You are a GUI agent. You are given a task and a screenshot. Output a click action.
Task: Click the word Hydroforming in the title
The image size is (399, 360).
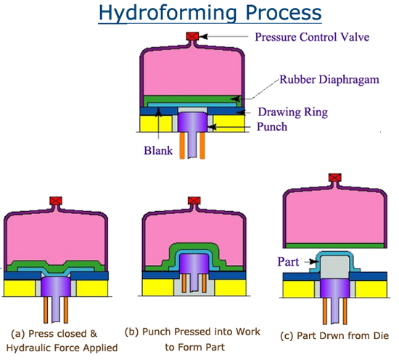168,13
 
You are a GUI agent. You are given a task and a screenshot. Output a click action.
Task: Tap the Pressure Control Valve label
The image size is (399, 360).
312,37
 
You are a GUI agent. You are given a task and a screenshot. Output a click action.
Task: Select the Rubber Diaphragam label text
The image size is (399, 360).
329,80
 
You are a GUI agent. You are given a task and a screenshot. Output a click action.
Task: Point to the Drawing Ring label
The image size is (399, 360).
293,112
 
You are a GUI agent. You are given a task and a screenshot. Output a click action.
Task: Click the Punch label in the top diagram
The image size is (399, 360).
272,126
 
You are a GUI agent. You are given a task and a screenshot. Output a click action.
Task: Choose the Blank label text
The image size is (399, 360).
158,150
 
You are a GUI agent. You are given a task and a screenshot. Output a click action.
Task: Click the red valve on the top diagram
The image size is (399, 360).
192,36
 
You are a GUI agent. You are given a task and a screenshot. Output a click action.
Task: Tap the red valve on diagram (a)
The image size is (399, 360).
56,200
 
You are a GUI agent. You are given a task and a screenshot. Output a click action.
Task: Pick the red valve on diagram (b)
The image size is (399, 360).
194,200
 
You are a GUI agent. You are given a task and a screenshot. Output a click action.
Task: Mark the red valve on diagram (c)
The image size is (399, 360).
335,177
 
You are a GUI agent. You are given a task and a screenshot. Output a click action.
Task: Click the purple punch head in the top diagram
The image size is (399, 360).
193,122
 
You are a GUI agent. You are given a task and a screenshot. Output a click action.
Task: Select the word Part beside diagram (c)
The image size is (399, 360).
288,262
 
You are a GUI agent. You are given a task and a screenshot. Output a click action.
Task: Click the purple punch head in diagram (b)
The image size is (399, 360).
194,263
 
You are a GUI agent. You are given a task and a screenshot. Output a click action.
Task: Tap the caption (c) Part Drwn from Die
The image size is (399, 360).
334,336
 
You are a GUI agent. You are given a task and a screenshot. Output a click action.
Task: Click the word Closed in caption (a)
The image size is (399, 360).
72,334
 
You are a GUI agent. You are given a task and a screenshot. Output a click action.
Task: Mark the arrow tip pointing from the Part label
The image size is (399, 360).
318,261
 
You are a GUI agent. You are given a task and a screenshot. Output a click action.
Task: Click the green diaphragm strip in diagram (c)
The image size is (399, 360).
335,246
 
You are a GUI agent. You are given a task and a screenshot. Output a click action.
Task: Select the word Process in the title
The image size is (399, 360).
284,13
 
